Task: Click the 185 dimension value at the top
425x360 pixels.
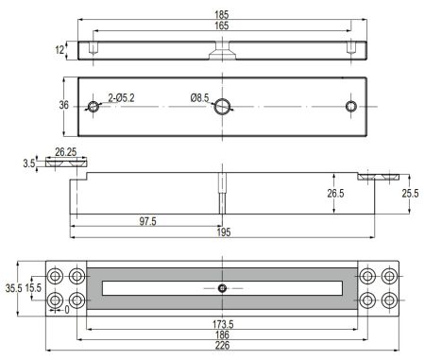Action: point(222,14)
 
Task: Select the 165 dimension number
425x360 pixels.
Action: point(222,26)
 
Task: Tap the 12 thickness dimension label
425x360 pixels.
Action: point(59,50)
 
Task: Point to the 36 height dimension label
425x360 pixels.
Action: point(63,105)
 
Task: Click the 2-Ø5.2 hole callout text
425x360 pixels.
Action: point(121,98)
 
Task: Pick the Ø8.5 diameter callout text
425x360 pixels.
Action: point(199,98)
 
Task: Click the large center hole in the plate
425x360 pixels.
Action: point(222,107)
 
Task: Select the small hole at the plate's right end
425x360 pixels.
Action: point(351,107)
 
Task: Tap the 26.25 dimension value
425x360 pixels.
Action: point(66,152)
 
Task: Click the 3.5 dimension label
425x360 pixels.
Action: point(29,163)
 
